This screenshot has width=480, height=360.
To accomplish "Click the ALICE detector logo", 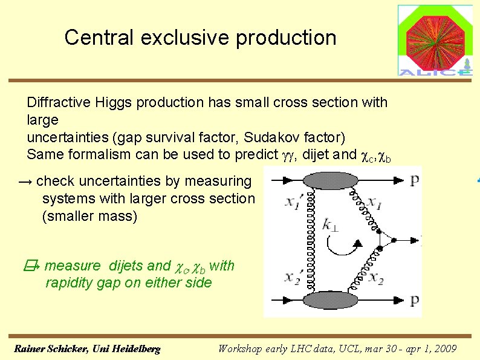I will pos(435,41).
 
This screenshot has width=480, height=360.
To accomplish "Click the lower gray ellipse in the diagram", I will pos(329,301).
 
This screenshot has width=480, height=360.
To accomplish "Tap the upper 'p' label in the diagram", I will pos(414,180).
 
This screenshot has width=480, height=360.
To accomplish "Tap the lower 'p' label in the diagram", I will pos(414,301).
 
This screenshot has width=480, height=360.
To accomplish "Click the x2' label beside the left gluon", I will pos(294,278).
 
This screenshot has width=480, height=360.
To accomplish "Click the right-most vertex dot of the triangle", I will pos(394,240).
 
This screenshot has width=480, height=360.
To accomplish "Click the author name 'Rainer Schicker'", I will pos(51,349).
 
